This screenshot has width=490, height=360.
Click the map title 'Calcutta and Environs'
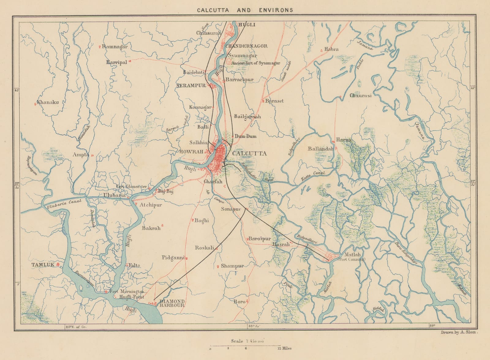[x=245, y=10]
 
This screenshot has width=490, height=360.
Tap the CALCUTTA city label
[x=250, y=154]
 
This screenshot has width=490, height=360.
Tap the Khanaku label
[x=47, y=102]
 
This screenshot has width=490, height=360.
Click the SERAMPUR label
[x=191, y=86]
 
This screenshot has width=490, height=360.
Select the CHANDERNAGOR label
[x=247, y=46]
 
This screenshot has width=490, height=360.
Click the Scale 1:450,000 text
[x=246, y=341]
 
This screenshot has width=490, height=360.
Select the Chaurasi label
[x=360, y=96]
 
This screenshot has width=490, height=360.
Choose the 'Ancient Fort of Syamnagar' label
[x=256, y=63]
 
